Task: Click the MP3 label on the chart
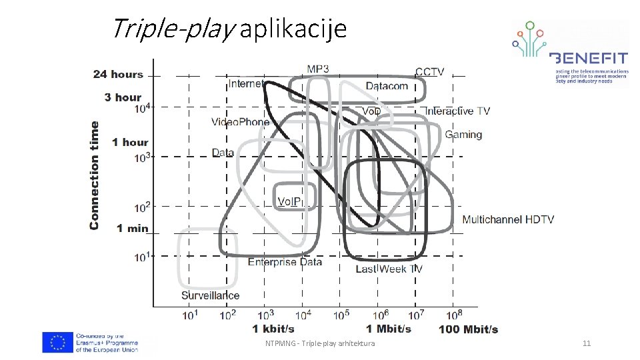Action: click(x=317, y=69)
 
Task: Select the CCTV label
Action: click(x=429, y=72)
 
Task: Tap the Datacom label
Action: click(x=387, y=86)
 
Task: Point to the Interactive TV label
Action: click(x=457, y=111)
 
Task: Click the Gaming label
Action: click(x=463, y=135)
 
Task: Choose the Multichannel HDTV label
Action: click(x=507, y=219)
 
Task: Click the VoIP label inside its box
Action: click(x=290, y=201)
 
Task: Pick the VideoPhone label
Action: click(x=241, y=121)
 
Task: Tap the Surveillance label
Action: click(x=210, y=295)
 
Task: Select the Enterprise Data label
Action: click(x=285, y=262)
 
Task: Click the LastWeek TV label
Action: click(x=389, y=269)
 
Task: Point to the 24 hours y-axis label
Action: click(x=118, y=74)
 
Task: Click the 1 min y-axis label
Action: click(x=132, y=228)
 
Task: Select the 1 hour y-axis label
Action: click(x=130, y=142)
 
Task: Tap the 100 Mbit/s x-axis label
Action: click(x=468, y=329)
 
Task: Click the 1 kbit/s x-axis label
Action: click(x=273, y=329)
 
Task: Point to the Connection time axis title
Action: click(x=94, y=175)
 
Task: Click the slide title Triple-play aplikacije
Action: click(x=229, y=29)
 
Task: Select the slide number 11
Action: click(x=587, y=343)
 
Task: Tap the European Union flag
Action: click(x=58, y=343)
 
